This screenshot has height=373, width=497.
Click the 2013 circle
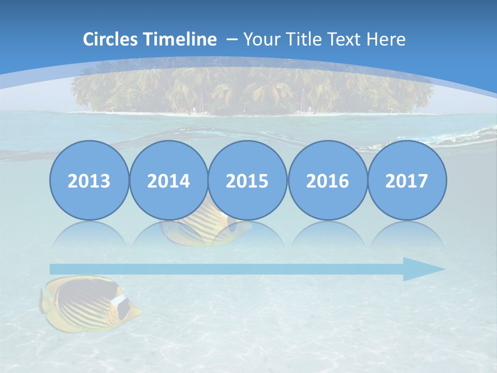(89, 180)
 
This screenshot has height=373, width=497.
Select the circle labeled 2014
(168, 180)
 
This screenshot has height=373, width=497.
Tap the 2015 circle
(247, 180)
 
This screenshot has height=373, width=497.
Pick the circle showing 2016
(327, 180)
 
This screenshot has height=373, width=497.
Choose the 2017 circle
(406, 180)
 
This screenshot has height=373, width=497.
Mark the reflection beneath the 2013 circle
(89, 236)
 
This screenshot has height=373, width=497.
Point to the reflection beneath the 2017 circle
(406, 236)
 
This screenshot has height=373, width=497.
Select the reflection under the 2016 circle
(327, 236)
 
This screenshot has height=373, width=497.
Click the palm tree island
(252, 91)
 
